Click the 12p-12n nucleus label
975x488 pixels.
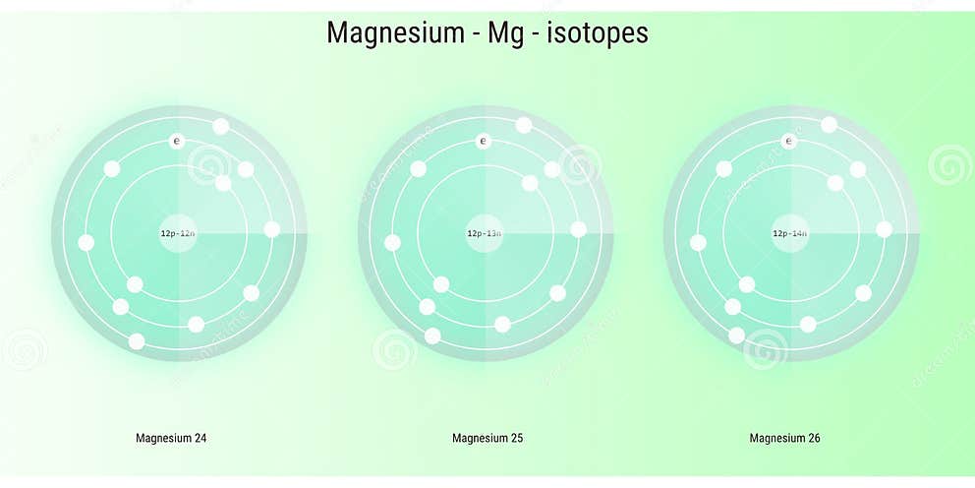tap(179, 233)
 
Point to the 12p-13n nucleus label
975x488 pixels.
tap(485, 233)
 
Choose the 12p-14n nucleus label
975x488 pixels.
tap(789, 233)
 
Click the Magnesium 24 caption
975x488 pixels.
tap(171, 438)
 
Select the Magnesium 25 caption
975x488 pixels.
tap(487, 438)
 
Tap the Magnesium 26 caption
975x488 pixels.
tap(784, 438)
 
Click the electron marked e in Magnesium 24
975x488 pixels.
tap(177, 142)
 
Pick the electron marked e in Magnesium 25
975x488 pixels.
tap(483, 142)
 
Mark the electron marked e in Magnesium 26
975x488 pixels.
tap(787, 142)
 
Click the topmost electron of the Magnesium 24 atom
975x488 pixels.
tap(221, 126)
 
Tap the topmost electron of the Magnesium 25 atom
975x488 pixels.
tap(524, 125)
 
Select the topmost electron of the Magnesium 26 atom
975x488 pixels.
tap(830, 125)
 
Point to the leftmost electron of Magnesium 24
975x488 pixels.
tap(86, 243)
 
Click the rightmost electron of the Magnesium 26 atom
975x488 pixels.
tap(885, 229)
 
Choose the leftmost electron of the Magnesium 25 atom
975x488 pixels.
tap(392, 243)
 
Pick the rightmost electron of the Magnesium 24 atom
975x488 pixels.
tap(272, 229)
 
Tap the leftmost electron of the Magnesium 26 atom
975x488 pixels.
tap(698, 243)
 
